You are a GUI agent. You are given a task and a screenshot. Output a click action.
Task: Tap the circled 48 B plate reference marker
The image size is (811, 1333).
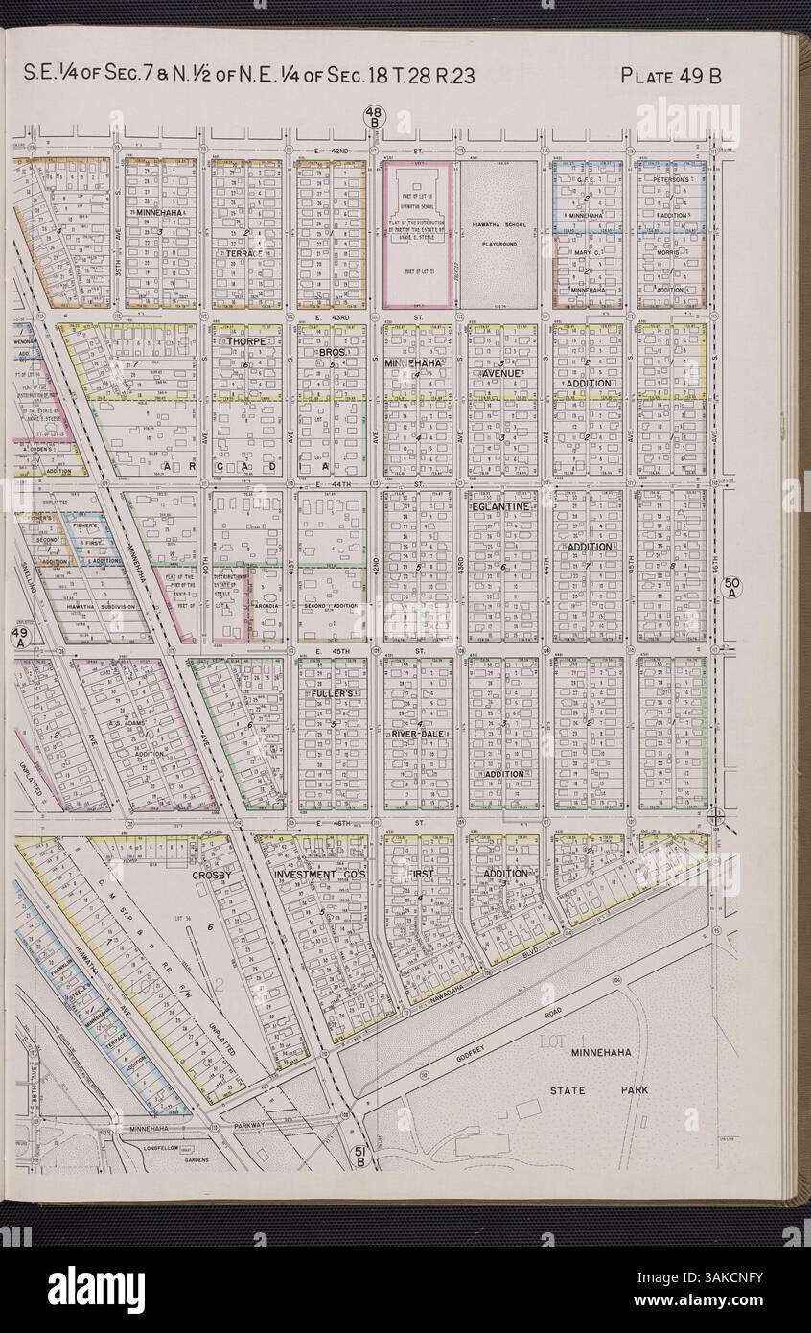click(372, 118)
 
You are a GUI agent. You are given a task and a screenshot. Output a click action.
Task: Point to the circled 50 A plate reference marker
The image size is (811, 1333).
click(731, 586)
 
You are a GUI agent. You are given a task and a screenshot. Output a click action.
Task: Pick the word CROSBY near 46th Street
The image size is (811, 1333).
click(213, 876)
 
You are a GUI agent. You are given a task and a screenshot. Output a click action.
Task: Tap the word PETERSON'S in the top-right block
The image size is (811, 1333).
click(671, 179)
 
